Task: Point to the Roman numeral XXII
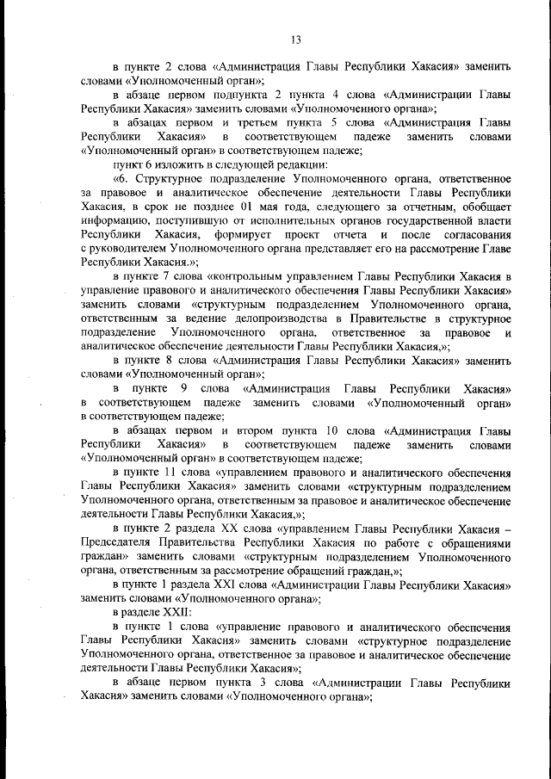tap(172, 612)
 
